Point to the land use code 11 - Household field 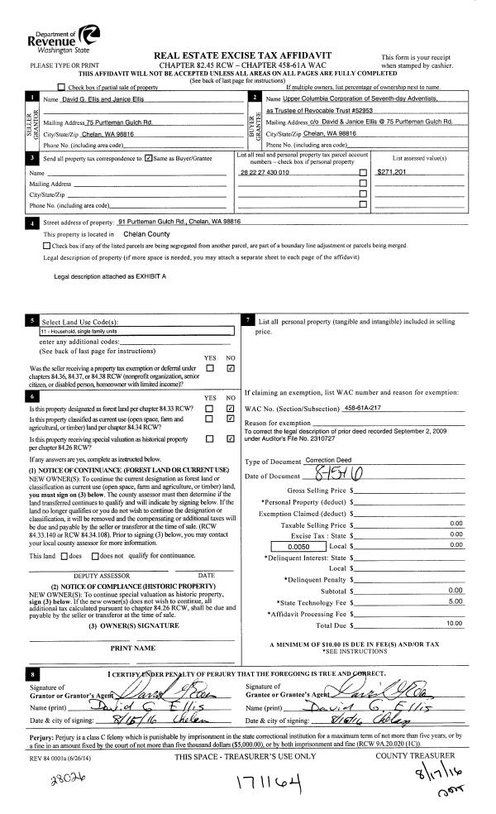(x=137, y=329)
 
